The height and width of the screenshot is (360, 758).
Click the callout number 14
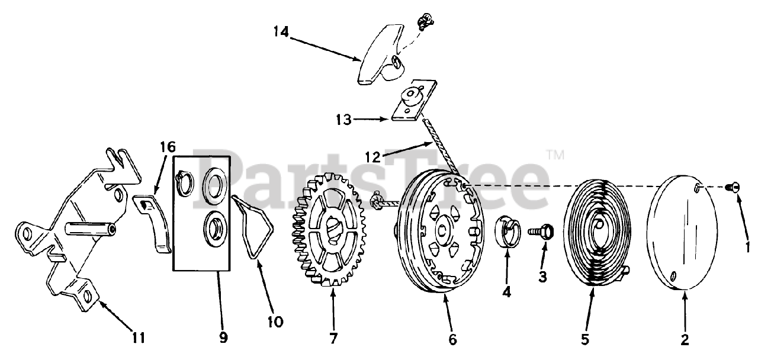pos(281,31)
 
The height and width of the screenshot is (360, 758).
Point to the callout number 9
pos(223,338)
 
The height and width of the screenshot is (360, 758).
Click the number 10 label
pos(274,322)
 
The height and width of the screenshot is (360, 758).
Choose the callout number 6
pos(452,340)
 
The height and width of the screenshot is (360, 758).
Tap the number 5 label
pos(584,340)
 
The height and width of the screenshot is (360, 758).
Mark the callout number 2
pos(685,340)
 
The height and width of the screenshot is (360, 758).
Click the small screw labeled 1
pos(732,187)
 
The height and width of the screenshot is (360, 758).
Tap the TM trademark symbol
pos(555,156)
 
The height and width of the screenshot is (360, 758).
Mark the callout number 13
pos(343,120)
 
